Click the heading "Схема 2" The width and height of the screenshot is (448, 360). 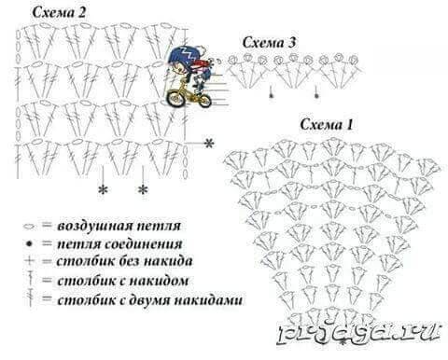pyautogui.click(x=59, y=13)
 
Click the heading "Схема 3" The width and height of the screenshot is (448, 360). pyautogui.click(x=269, y=43)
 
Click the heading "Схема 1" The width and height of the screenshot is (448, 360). pyautogui.click(x=327, y=125)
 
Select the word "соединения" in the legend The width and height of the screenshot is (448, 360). pyautogui.click(x=143, y=244)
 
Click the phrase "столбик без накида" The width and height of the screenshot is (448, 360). pyautogui.click(x=124, y=261)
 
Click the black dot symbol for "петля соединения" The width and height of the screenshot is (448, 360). pyautogui.click(x=29, y=244)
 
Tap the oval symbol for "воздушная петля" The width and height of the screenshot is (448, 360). pyautogui.click(x=29, y=227)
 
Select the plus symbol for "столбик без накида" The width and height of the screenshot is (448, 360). pyautogui.click(x=29, y=260)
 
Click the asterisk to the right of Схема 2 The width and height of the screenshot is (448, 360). pyautogui.click(x=209, y=143)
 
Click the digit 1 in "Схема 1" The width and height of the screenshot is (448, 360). pyautogui.click(x=349, y=125)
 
